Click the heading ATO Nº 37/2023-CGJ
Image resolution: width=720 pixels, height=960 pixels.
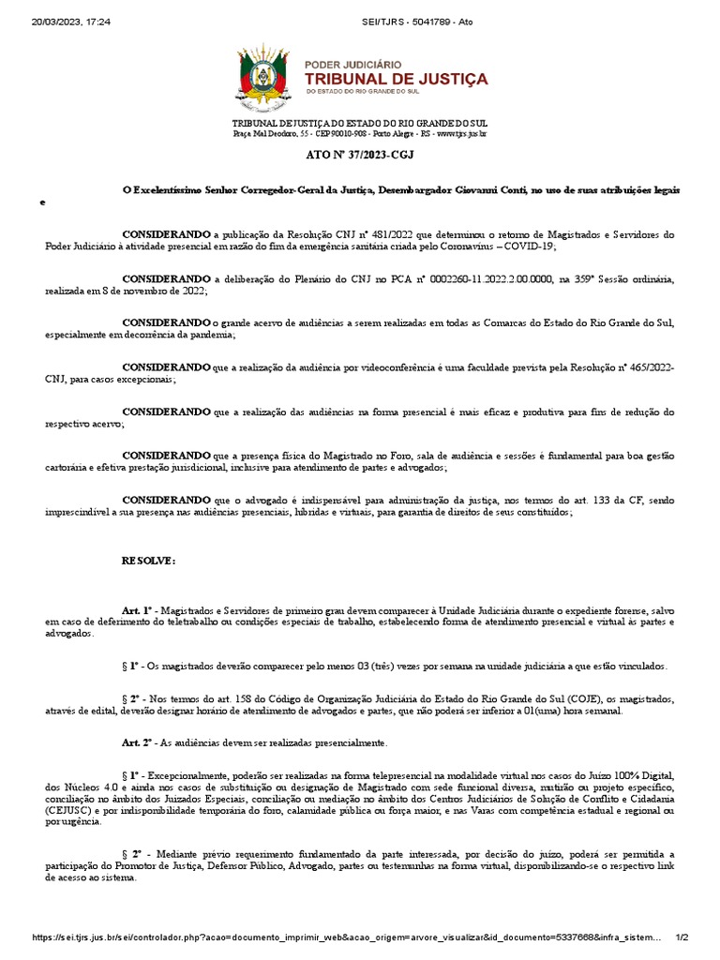point(359,155)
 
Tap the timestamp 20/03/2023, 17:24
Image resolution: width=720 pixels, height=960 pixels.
point(57,22)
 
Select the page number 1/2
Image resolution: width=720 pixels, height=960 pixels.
point(682,937)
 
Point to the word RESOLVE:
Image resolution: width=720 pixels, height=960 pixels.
point(148,560)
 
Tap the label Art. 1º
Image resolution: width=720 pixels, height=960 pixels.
point(142,610)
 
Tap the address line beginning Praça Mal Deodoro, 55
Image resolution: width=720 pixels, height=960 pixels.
point(359,134)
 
